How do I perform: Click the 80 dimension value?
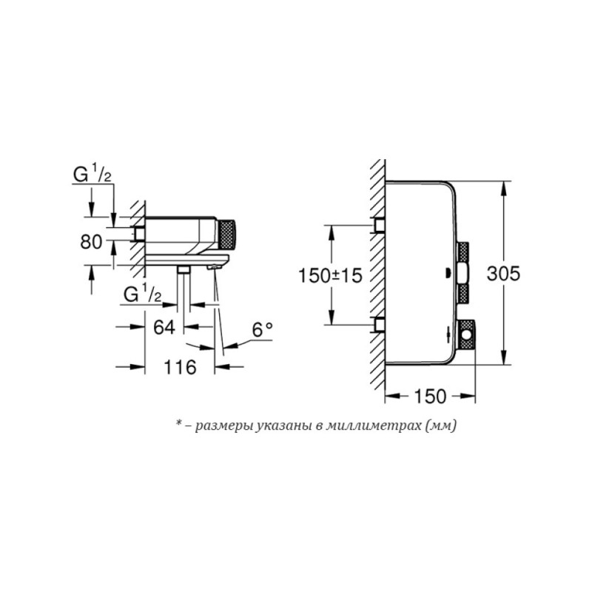pos(92,241)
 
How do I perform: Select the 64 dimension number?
pos(164,327)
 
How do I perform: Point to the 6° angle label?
pos(263,330)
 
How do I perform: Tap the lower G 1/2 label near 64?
pos(144,295)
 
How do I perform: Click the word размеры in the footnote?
pos(222,425)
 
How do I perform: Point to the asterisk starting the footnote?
pos(178,424)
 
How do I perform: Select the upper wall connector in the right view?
pos(380,225)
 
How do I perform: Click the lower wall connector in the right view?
pos(380,324)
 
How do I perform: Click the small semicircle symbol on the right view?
pos(449,271)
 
